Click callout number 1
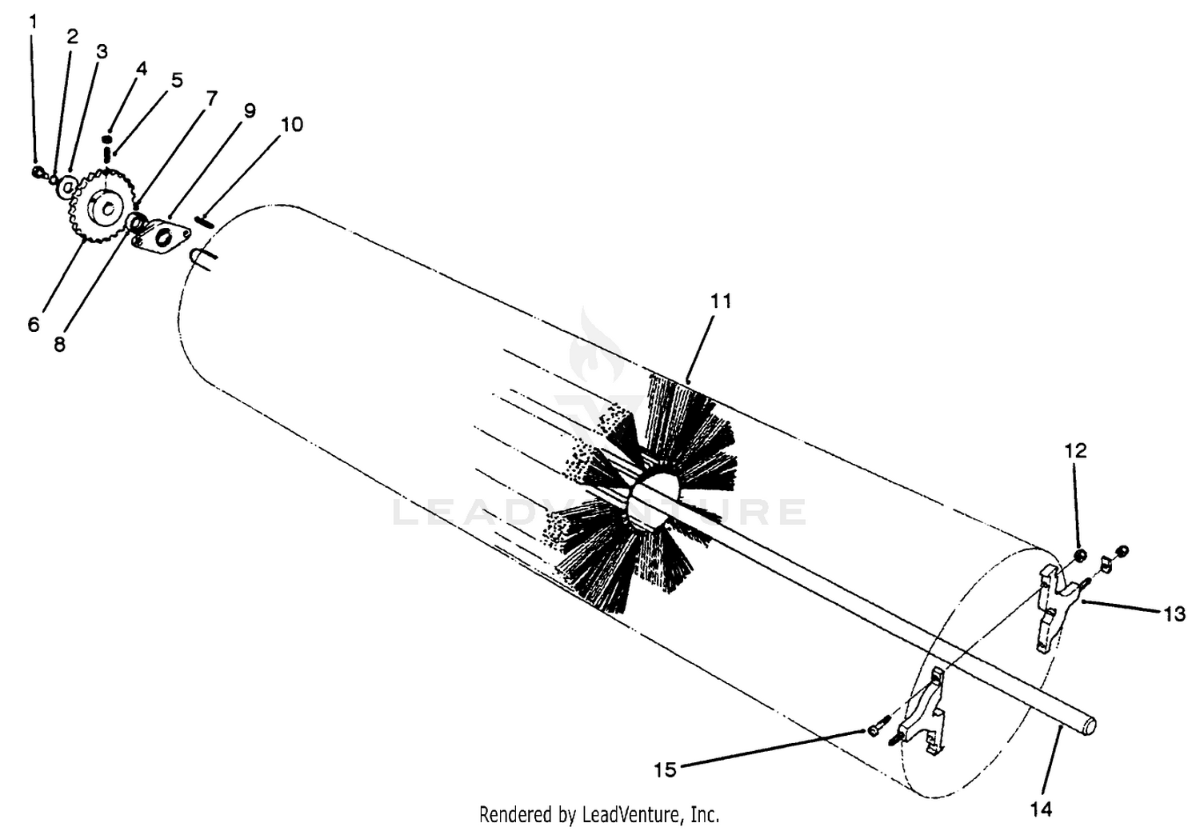34,22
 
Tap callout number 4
142,69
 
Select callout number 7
212,98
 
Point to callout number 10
292,124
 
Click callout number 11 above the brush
721,302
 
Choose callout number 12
1076,451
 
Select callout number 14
1042,809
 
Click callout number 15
666,770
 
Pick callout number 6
34,324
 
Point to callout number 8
59,344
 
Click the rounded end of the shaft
1089,725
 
